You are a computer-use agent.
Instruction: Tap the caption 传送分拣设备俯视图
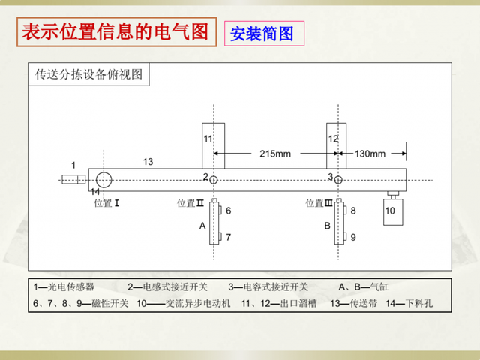[x=88, y=74]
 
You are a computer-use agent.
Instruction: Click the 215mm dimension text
[x=275, y=154]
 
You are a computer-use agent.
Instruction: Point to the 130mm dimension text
[x=370, y=154]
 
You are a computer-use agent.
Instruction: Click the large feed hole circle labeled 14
[x=103, y=179]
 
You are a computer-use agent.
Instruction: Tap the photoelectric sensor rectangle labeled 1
[x=73, y=179]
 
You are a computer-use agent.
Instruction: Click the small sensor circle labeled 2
[x=214, y=180]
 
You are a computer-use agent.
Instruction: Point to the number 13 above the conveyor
[x=148, y=162]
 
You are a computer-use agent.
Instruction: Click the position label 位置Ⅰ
[x=107, y=202]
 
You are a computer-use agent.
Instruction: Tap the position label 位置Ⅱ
[x=190, y=202]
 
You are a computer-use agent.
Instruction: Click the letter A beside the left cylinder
[x=202, y=225]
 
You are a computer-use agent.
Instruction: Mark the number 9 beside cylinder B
[x=352, y=237]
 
